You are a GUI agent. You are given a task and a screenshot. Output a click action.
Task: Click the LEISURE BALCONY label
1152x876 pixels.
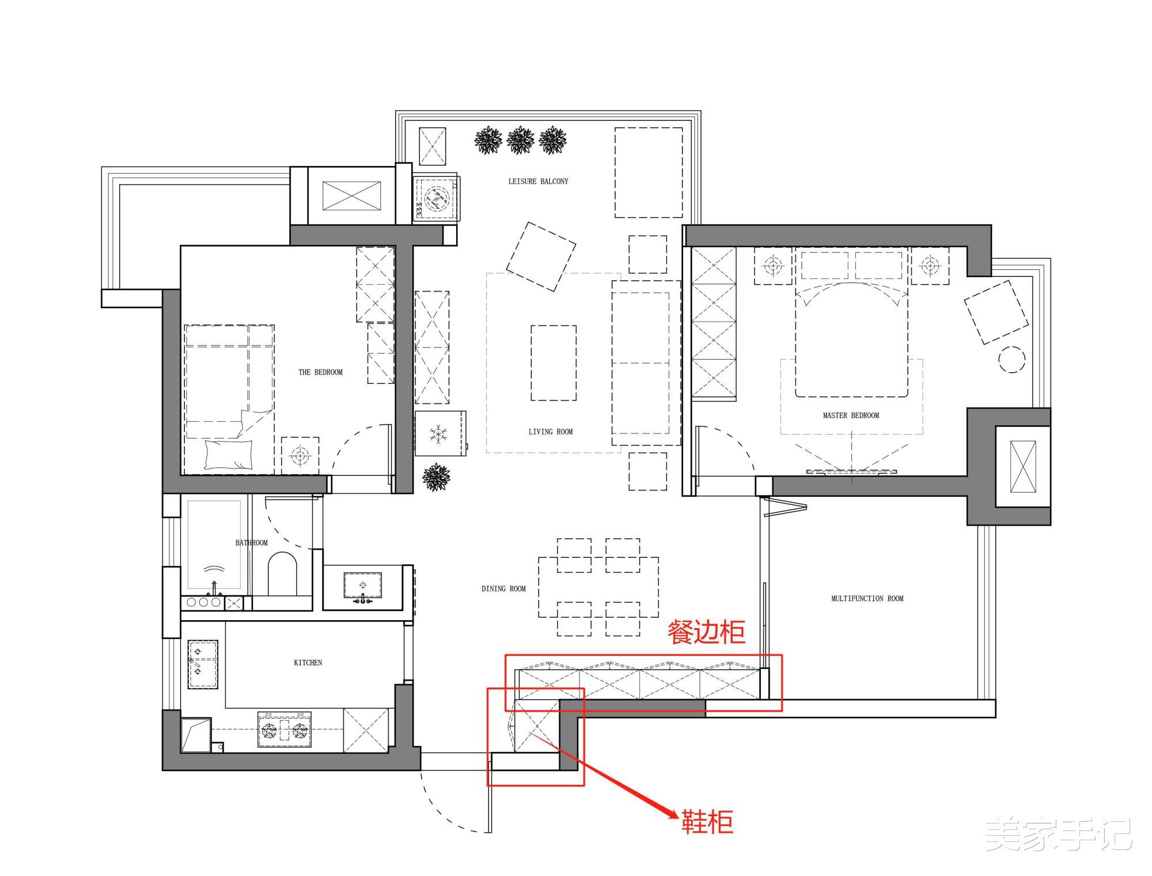tap(538, 181)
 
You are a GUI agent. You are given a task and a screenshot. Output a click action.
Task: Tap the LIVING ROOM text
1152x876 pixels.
tap(551, 432)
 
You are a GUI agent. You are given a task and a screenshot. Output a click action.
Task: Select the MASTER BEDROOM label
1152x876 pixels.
tap(851, 416)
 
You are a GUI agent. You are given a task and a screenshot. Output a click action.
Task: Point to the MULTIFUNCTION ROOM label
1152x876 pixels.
tap(867, 599)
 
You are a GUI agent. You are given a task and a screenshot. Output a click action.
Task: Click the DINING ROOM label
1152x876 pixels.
tap(503, 589)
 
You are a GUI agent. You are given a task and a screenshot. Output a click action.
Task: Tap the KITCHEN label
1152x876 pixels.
tap(308, 663)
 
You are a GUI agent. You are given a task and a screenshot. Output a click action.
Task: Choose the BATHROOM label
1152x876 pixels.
tap(251, 543)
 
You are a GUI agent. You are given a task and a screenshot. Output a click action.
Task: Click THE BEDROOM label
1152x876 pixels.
tap(320, 372)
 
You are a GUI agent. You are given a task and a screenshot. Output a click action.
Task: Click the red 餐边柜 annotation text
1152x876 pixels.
tap(707, 632)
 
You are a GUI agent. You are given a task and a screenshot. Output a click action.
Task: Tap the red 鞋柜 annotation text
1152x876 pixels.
tap(707, 822)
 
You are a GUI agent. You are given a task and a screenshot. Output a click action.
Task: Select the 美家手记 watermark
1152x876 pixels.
tap(1058, 834)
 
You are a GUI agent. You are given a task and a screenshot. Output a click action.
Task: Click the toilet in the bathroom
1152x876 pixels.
tap(282, 574)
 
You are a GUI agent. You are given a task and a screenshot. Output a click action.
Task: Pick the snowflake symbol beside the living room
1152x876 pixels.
tap(439, 433)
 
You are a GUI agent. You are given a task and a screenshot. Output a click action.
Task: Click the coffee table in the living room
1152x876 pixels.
tap(554, 363)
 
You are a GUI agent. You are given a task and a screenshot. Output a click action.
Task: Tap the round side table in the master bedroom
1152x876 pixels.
tap(1012, 360)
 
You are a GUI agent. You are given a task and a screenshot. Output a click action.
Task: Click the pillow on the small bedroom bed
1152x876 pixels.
tap(229, 455)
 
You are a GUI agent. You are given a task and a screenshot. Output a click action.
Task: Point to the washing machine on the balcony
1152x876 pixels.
tap(436, 198)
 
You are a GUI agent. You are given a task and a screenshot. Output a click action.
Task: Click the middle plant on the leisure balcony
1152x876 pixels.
tap(521, 141)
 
